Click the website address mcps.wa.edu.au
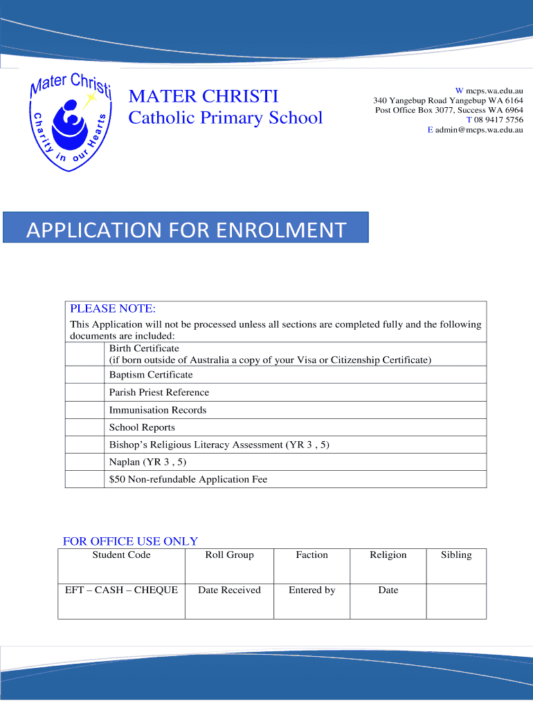[x=494, y=91]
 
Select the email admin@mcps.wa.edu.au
[x=478, y=129]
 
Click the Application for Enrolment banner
[x=186, y=228]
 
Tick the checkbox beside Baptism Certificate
[x=84, y=375]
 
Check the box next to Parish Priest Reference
[x=84, y=393]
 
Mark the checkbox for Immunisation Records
[x=84, y=410]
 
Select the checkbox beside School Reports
[x=84, y=427]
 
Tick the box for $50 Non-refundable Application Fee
[x=84, y=479]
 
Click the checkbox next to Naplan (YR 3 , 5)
[x=84, y=462]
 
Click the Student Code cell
[x=121, y=566]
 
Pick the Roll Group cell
[x=229, y=566]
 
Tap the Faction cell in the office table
[x=311, y=566]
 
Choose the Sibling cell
[x=456, y=566]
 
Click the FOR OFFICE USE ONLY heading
[x=130, y=541]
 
